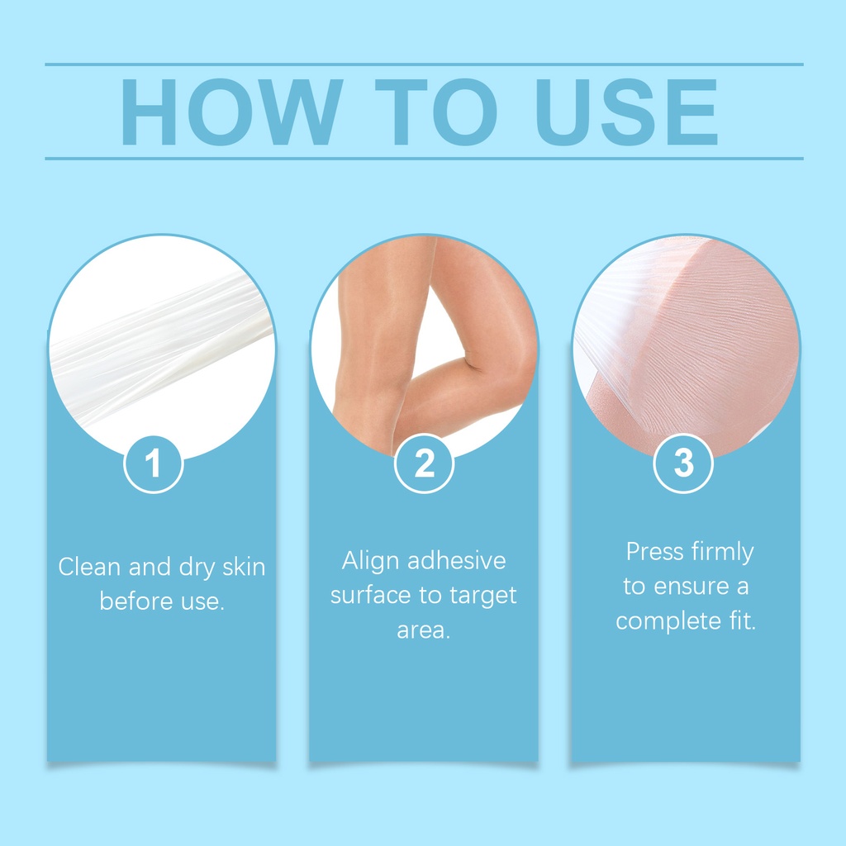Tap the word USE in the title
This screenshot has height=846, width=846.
click(x=626, y=112)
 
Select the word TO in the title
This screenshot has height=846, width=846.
click(x=436, y=112)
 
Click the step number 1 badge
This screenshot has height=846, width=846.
click(x=154, y=464)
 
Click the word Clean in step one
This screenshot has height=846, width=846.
click(x=89, y=567)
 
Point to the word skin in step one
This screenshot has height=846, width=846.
click(x=245, y=567)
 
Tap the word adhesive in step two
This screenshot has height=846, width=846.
click(x=457, y=561)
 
